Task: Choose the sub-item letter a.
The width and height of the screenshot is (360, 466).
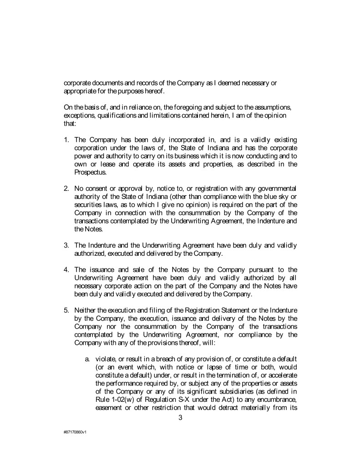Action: click(x=87, y=360)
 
